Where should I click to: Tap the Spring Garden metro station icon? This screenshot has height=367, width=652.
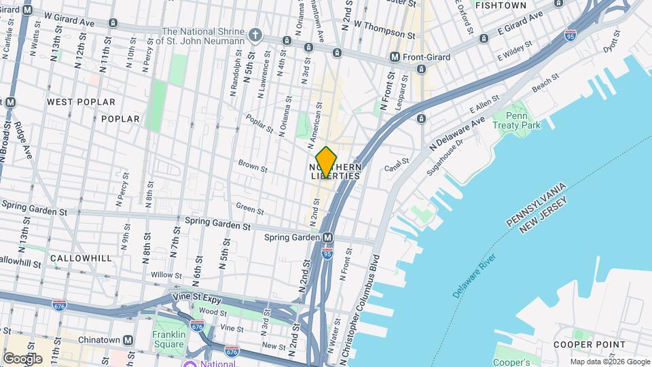click(x=328, y=237)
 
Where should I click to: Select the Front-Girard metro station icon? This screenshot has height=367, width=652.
click(x=395, y=57)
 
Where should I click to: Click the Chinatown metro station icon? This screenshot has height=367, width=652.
click(x=128, y=340)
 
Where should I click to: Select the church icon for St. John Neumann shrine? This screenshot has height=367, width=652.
click(x=255, y=34)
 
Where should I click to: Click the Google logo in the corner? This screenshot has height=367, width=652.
click(x=22, y=358)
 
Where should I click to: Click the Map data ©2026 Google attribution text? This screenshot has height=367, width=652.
click(x=609, y=362)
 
